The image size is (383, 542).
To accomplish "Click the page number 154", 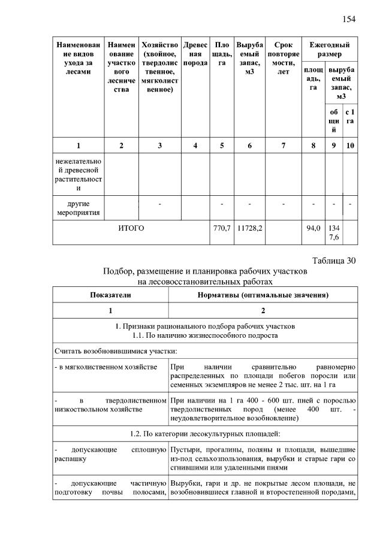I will (x=349, y=19).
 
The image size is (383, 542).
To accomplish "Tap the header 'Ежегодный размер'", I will (x=330, y=50).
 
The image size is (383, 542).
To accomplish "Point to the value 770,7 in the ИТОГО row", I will (x=222, y=228).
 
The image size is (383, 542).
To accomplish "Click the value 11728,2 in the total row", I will (x=250, y=228).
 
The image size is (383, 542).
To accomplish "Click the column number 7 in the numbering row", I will (x=284, y=146).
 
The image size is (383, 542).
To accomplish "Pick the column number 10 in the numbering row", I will (x=350, y=146).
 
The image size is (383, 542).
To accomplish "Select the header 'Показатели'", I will (x=110, y=295).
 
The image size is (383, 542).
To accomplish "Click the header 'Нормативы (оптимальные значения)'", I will (x=263, y=295).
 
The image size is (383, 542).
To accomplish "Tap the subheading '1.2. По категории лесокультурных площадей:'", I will (x=205, y=434).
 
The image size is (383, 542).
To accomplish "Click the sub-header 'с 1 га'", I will (x=350, y=116).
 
